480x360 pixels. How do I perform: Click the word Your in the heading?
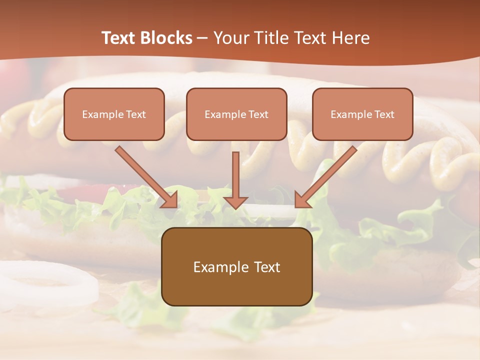(x=229, y=38)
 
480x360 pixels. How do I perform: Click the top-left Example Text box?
(x=114, y=114)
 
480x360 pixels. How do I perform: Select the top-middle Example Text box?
(x=236, y=114)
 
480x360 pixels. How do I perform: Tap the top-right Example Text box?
(x=362, y=114)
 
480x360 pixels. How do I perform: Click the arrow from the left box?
(x=145, y=176)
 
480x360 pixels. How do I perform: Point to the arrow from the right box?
(x=327, y=175)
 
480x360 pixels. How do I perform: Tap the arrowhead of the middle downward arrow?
(x=235, y=201)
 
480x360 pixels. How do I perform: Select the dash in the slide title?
(x=202, y=38)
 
